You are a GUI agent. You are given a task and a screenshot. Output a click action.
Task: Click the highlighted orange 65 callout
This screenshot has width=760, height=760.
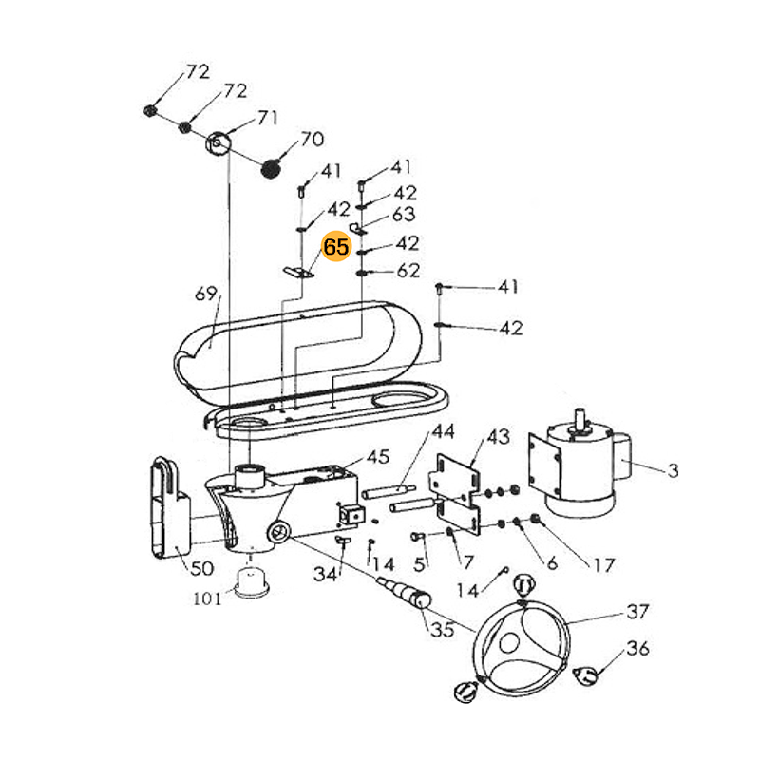336,247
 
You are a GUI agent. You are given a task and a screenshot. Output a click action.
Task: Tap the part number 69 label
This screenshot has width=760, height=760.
206,294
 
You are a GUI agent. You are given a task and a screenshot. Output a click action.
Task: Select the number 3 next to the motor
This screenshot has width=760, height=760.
674,469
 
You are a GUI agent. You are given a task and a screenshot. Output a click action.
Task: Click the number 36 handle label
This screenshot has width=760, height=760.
637,649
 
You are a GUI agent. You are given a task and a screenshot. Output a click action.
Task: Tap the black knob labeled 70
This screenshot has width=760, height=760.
273,167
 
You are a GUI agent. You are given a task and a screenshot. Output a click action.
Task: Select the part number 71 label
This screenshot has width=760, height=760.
267,118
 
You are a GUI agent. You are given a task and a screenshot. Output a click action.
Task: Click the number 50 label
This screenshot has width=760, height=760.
202,568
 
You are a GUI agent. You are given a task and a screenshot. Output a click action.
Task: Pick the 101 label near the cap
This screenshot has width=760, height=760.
206,598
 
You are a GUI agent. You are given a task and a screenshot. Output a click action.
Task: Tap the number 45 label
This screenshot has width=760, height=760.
377,457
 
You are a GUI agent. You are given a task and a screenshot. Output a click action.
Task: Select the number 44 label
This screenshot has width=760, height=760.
443,431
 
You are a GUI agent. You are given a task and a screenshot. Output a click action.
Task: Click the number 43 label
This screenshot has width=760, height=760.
498,436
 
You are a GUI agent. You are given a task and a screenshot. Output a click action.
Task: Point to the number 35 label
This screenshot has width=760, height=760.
443,629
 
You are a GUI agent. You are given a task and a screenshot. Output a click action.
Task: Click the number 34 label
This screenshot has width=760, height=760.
326,574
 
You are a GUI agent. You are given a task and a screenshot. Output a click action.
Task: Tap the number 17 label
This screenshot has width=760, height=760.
604,565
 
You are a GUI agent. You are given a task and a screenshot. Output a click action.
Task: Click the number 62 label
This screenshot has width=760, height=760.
408,271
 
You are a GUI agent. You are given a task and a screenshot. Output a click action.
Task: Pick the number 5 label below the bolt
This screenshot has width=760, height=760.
420,562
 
